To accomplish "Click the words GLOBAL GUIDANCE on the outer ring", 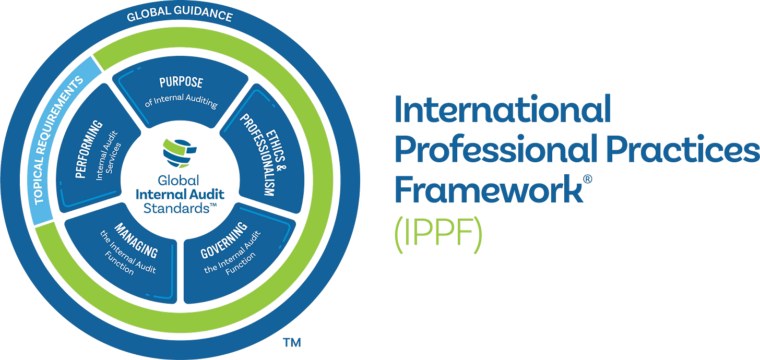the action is pos(180,16).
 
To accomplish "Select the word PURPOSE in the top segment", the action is pos(181,83).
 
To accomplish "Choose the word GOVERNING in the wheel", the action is pos(224,241).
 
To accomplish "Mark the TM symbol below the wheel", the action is pos(292,343).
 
